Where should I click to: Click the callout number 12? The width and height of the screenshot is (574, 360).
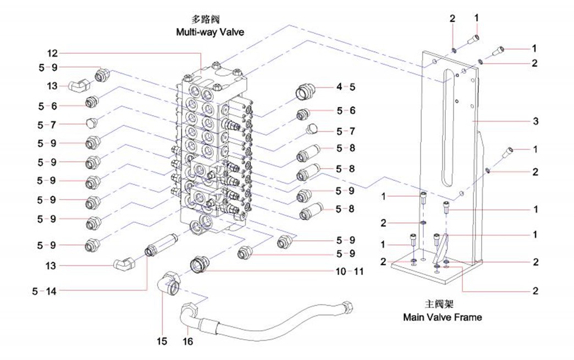pos(52,53)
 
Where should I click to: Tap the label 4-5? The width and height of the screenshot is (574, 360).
pos(345,87)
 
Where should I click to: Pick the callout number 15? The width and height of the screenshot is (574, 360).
pos(162,341)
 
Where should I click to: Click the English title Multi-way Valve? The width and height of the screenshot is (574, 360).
pos(209,32)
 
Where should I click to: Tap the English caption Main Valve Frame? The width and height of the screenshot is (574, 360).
pos(442,317)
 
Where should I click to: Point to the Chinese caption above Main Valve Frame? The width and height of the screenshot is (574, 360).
pos(442,304)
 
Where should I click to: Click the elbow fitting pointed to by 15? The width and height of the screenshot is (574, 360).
pos(169,283)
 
